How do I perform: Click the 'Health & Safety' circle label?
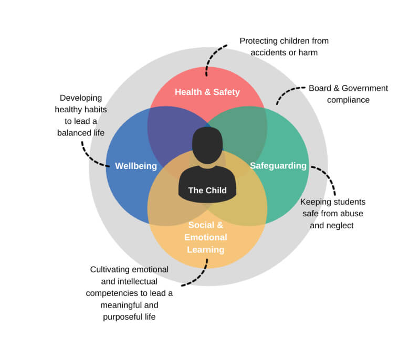tap(207, 92)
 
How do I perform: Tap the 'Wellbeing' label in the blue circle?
tap(136, 166)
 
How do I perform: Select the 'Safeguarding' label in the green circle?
tap(278, 166)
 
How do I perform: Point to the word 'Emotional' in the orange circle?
tap(205, 237)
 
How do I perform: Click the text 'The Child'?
tap(207, 190)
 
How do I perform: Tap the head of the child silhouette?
tap(207, 145)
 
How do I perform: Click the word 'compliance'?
tap(348, 100)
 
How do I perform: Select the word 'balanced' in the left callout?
tap(73, 133)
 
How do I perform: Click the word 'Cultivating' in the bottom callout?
tap(111, 270)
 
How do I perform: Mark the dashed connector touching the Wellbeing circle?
tap(90, 155)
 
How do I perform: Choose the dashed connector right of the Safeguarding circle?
tap(328, 178)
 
